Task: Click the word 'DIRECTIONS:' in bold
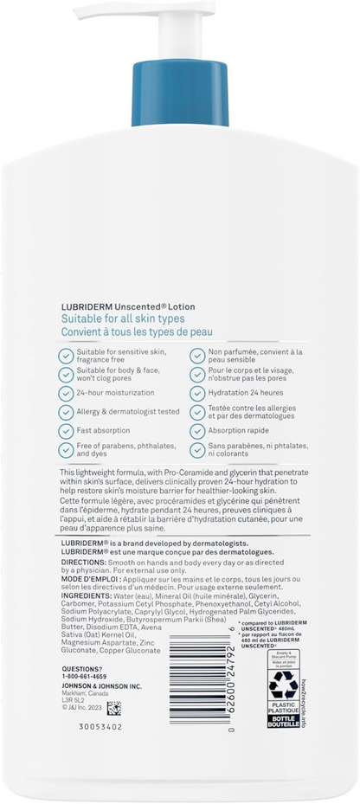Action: coord(82,586)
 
